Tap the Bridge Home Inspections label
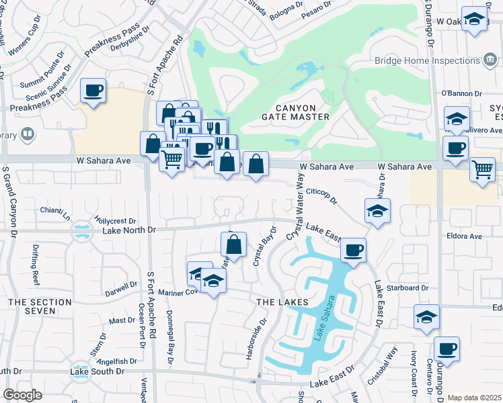427,61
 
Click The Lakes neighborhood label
282,302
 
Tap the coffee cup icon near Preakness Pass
93,90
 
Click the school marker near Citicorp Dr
377,212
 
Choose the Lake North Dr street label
129,230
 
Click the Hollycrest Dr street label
116,220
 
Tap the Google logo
22,394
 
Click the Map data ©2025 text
474,398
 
